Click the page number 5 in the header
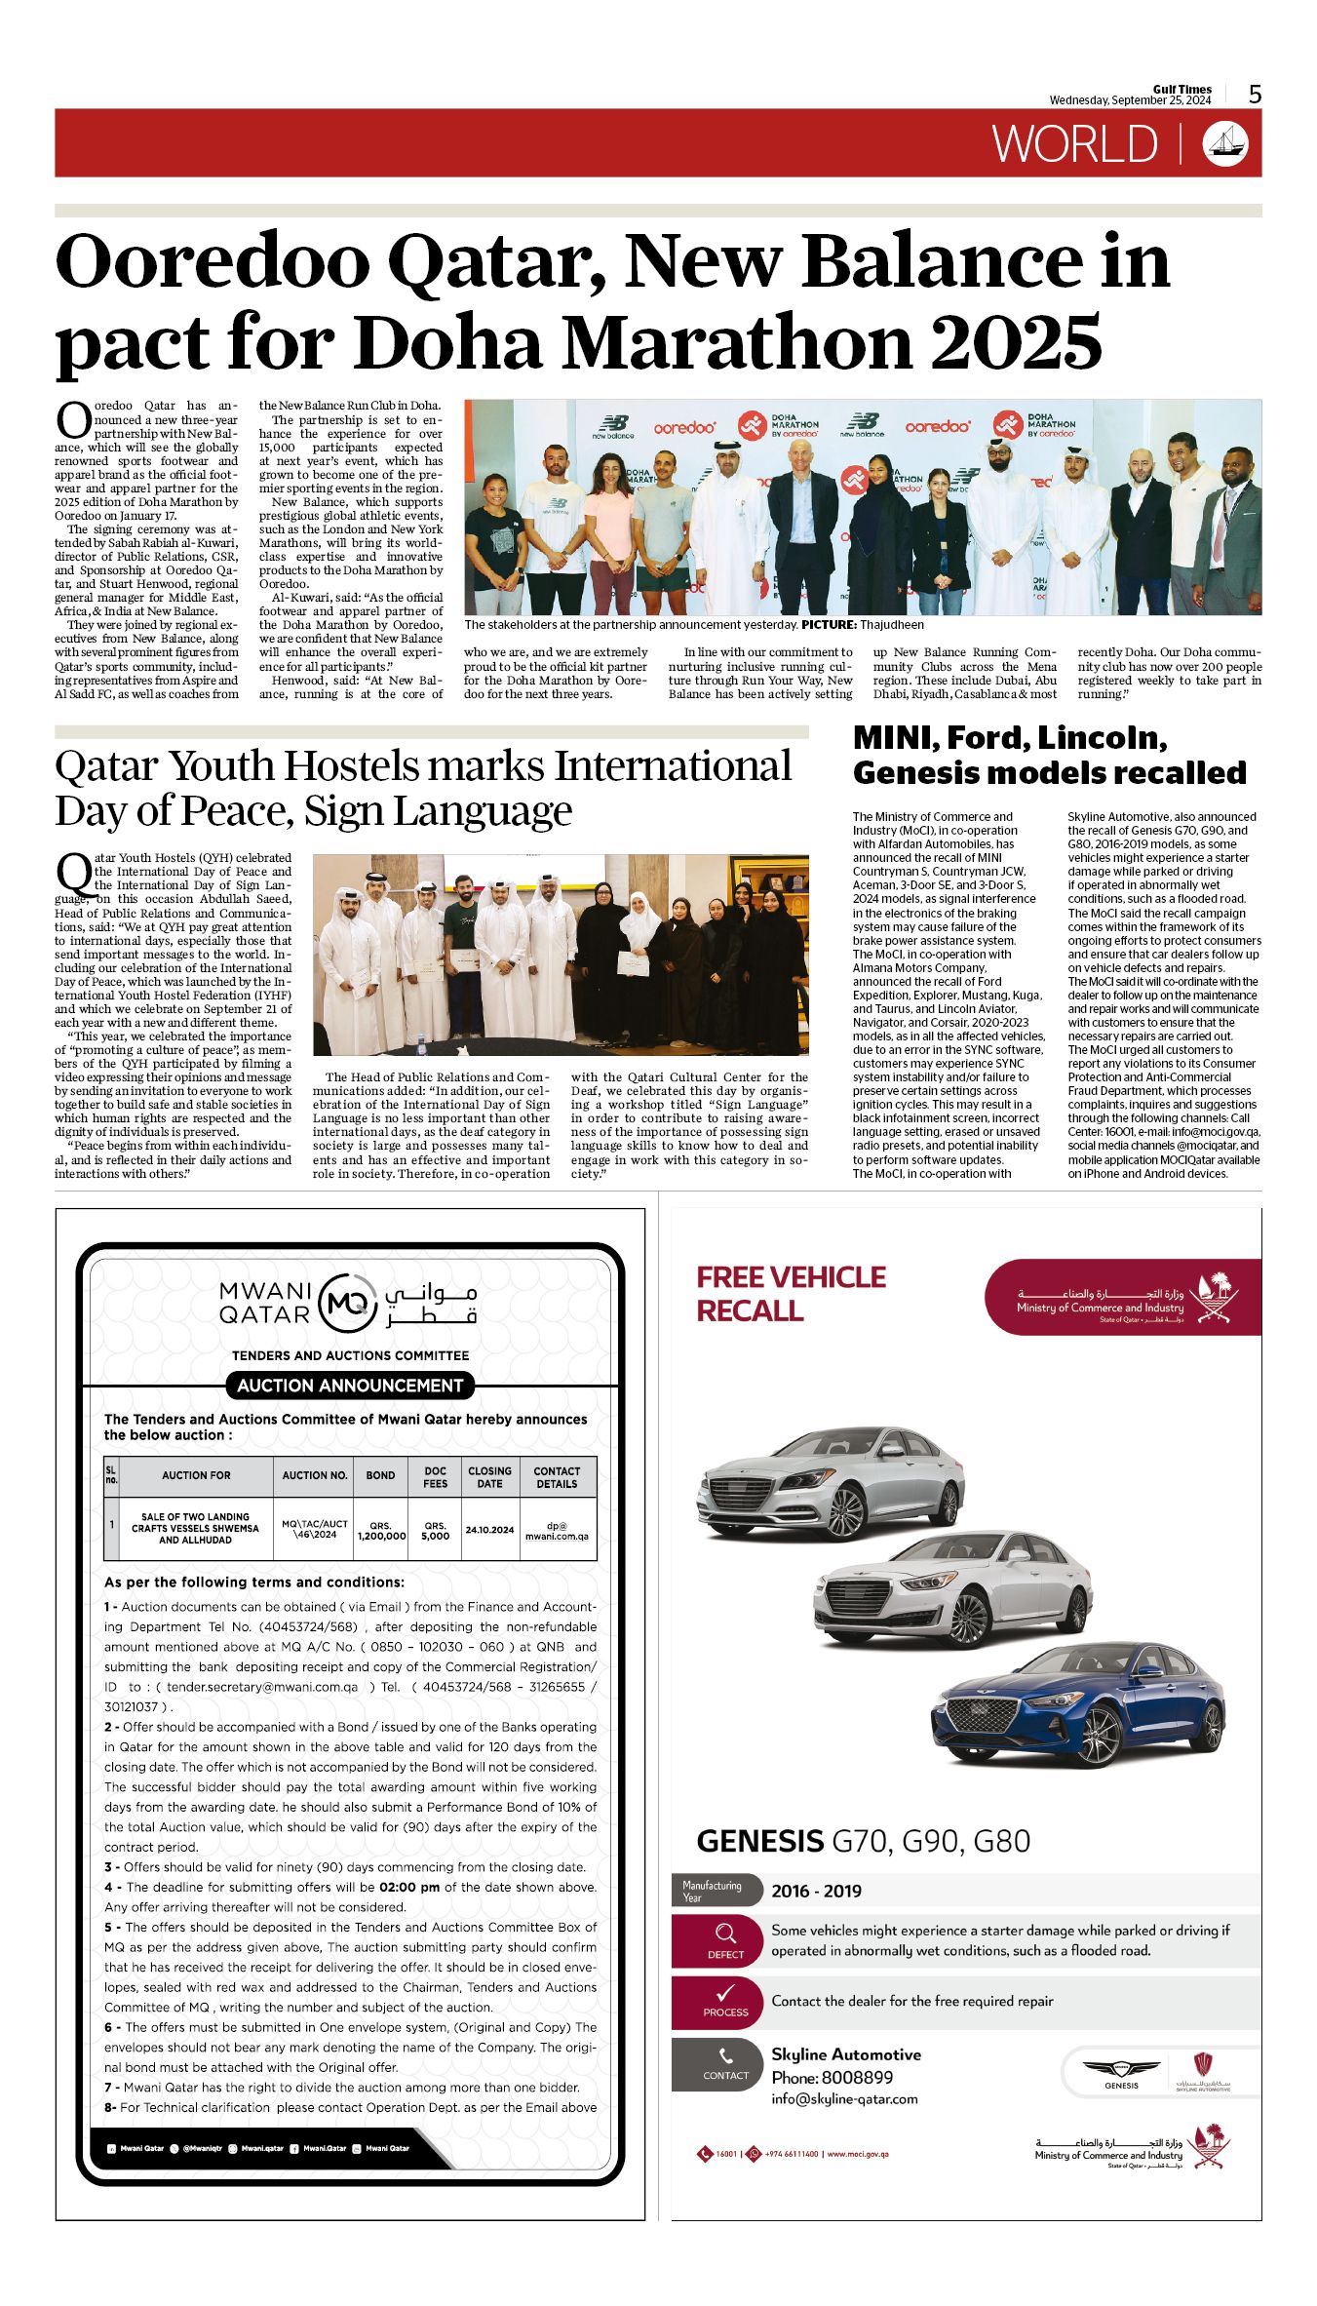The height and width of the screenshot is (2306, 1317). click(1255, 95)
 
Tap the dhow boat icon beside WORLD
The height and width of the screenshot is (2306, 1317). click(1224, 143)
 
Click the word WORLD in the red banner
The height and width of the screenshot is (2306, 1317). click(1074, 144)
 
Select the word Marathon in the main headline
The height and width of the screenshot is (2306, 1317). click(745, 343)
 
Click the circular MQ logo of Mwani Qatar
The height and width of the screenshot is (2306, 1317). click(348, 1303)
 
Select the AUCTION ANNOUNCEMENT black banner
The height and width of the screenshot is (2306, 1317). click(350, 1385)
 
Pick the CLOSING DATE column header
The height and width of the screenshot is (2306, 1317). click(489, 1477)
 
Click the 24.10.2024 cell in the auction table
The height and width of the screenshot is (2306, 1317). click(489, 1530)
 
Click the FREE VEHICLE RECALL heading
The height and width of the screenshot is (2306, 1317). click(791, 1294)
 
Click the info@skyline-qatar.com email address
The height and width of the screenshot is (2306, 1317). click(844, 2099)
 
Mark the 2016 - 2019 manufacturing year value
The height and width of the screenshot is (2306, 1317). click(816, 1892)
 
